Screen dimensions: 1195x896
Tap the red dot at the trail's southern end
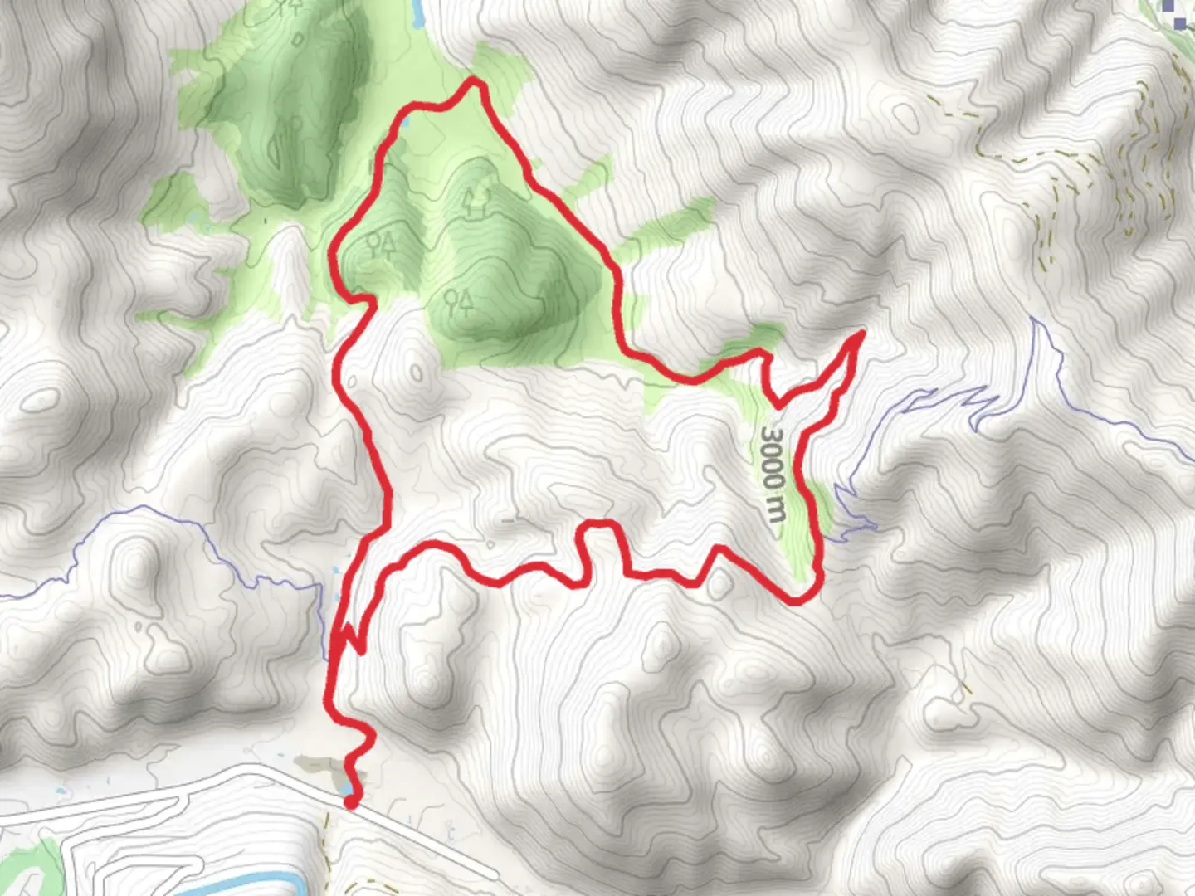[352, 801]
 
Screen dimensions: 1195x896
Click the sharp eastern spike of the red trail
[861, 334]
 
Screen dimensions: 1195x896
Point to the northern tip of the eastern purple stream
[1033, 319]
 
